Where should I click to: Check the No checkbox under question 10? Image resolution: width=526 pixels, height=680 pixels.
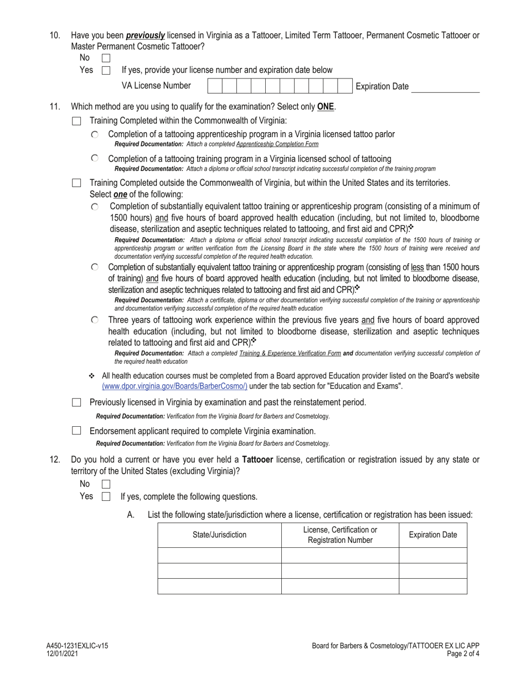click(106, 57)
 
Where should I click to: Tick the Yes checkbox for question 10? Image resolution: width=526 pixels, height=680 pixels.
click(106, 70)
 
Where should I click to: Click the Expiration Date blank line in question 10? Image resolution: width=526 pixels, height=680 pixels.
click(446, 87)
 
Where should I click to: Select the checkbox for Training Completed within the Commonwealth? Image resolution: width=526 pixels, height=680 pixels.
click(77, 121)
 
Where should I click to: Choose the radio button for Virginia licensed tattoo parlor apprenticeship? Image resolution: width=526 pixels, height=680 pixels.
click(95, 134)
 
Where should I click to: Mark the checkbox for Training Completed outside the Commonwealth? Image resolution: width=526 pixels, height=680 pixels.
click(77, 182)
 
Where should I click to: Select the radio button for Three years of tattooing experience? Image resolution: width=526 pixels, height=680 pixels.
click(95, 320)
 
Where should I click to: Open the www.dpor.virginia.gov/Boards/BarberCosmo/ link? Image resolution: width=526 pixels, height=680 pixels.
click(174, 386)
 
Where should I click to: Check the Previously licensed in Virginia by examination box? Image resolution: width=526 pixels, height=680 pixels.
click(77, 402)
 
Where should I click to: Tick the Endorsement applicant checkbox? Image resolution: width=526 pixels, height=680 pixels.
click(77, 431)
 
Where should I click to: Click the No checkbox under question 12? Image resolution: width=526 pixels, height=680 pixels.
click(106, 484)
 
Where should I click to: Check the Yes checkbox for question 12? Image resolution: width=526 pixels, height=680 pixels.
click(106, 496)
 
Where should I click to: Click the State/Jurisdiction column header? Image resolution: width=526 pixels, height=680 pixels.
click(219, 535)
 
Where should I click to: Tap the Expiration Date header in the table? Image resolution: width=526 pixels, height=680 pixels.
click(433, 535)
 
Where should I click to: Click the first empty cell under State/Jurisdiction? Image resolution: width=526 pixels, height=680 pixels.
click(219, 555)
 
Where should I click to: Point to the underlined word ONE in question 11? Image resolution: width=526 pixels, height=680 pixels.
click(326, 107)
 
